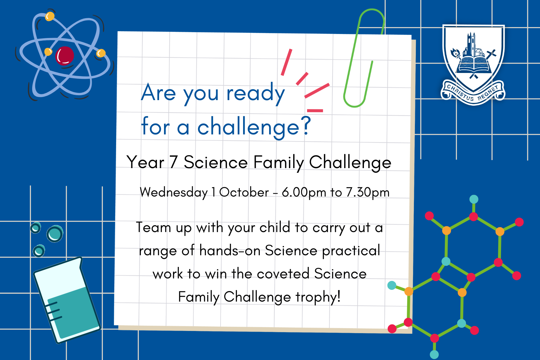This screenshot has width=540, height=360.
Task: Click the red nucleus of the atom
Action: [65, 56]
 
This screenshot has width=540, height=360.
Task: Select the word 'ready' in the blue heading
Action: [255, 93]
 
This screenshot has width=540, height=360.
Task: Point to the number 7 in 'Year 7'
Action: [174, 162]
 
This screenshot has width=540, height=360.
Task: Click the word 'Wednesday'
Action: [174, 192]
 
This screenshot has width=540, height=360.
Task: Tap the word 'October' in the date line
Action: [244, 192]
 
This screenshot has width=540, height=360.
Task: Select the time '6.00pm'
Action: [304, 192]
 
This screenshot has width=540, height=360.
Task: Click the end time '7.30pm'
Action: [368, 192]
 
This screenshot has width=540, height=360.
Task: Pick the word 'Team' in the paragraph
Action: [154, 227]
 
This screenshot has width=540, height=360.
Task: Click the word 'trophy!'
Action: [318, 297]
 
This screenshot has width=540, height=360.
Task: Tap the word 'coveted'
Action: [283, 274]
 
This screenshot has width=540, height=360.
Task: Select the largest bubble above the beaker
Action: [55, 234]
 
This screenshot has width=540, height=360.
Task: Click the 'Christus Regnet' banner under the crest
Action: [473, 92]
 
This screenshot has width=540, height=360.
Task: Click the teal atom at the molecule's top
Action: [474, 199]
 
